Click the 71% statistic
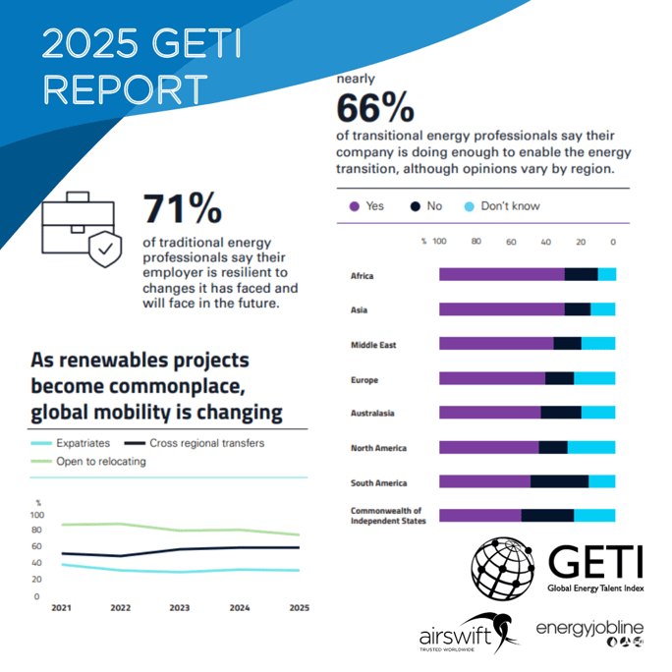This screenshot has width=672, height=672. coord(184,208)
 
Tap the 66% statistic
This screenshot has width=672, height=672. coord(375,107)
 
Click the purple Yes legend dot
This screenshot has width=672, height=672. coord(353,206)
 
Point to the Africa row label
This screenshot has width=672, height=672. coord(363,275)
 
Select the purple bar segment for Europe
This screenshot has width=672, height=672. coord(491,378)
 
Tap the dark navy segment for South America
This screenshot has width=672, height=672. coord(559,481)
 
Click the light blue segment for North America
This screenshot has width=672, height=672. coord(591,448)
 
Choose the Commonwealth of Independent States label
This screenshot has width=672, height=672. coord(386,516)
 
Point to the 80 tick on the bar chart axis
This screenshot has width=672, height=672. coord(476,241)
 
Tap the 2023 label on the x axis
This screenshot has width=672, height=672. coord(180,608)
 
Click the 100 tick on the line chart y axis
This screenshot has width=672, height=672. coord(37,515)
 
